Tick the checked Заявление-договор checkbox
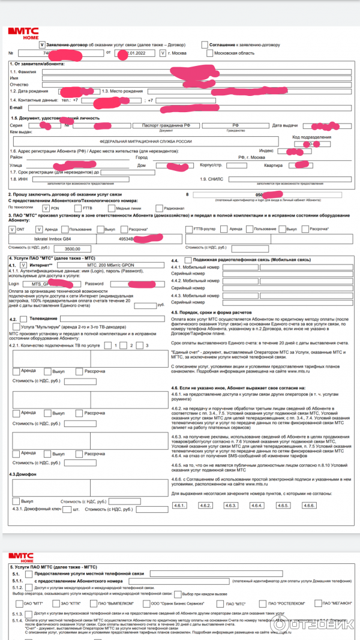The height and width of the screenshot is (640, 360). click(41, 44)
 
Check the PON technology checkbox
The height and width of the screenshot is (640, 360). click(40, 208)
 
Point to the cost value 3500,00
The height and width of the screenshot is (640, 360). click(73, 248)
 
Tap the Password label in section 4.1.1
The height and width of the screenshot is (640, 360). click(94, 283)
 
